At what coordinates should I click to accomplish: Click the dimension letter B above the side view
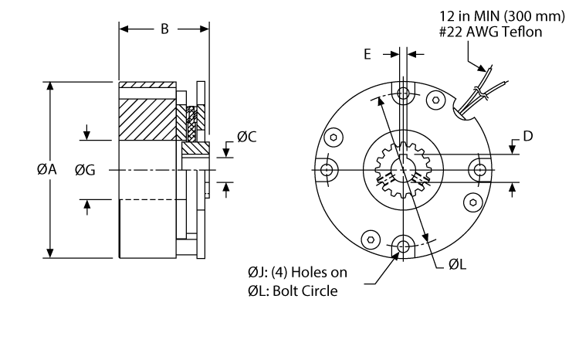pos(164,30)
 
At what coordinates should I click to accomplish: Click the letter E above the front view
pos(367,54)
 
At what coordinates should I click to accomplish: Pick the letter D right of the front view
pos(528,136)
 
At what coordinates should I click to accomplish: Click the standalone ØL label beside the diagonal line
pos(456,264)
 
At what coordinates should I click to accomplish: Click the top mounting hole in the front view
pos(403,94)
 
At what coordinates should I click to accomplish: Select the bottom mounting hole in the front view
pos(403,246)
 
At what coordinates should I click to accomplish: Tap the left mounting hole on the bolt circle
pos(328,170)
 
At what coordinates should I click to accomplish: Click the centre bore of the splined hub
pos(403,168)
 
